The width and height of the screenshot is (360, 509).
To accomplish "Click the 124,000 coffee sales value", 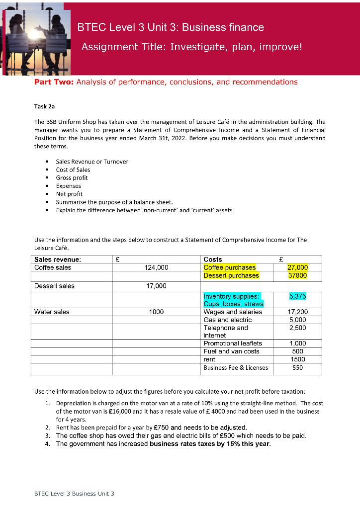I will (156, 267).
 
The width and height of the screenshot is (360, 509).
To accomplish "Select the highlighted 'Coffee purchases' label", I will (230, 267).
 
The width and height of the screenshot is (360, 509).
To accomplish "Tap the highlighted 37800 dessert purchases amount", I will (298, 275).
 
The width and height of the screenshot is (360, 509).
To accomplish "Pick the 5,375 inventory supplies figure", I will (298, 296).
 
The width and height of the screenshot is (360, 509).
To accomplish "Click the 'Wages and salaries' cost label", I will (233, 312).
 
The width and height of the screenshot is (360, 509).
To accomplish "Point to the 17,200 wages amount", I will (298, 312).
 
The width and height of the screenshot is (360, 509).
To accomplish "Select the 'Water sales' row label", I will (52, 312).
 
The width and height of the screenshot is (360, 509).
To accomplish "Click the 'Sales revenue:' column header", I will (58, 259).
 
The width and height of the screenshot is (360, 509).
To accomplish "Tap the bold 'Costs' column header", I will (213, 259).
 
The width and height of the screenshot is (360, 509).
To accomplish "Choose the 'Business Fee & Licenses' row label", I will (236, 368).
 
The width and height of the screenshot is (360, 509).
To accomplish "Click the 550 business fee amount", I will (298, 368).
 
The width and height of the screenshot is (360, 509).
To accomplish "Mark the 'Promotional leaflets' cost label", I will (233, 343).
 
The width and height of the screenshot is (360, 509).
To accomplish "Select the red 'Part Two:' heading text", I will (53, 82).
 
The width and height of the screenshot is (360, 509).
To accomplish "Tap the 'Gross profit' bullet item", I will (72, 177).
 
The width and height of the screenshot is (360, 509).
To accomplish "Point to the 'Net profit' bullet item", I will (69, 194).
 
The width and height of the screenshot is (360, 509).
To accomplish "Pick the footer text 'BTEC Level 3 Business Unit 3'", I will (74, 493).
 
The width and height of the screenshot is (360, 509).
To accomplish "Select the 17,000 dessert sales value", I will (156, 286).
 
